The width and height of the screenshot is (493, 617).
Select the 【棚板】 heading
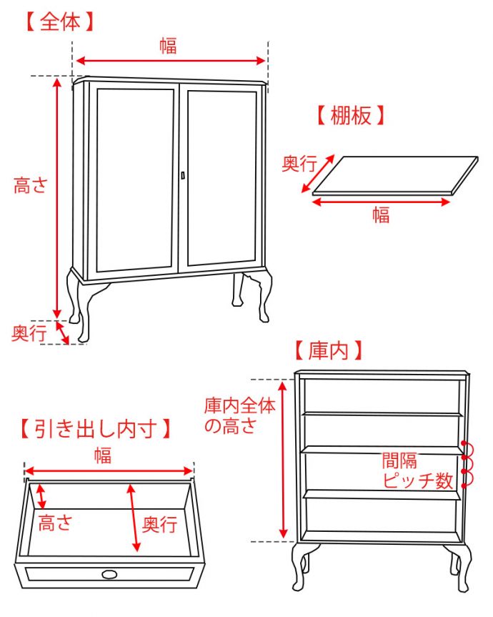[351, 115]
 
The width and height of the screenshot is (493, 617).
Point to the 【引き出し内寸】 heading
[95, 429]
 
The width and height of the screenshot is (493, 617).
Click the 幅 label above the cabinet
[168, 46]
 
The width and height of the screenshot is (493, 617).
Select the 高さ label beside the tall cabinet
[31, 186]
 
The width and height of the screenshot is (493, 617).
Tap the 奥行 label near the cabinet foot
[29, 332]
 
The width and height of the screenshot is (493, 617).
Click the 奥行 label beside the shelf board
[299, 164]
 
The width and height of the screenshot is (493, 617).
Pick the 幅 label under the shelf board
[382, 215]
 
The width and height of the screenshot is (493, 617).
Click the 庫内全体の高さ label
[239, 416]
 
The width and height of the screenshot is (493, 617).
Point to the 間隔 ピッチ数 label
[418, 470]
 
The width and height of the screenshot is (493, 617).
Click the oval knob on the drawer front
[109, 573]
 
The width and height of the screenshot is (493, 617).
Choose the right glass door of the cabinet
[222, 176]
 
